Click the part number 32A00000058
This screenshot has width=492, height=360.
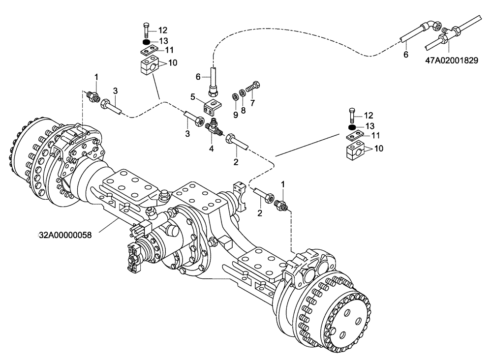click(x=65, y=235)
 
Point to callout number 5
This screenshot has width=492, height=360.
click(x=193, y=96)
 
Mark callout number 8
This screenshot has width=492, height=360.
click(x=235, y=114)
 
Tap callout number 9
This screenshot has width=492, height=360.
click(x=235, y=114)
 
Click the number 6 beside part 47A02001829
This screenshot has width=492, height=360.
click(x=406, y=54)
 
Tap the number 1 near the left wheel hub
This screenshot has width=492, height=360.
click(x=97, y=77)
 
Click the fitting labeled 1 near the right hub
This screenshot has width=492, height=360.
click(x=282, y=203)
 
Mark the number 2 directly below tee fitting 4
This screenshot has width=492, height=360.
click(x=236, y=161)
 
